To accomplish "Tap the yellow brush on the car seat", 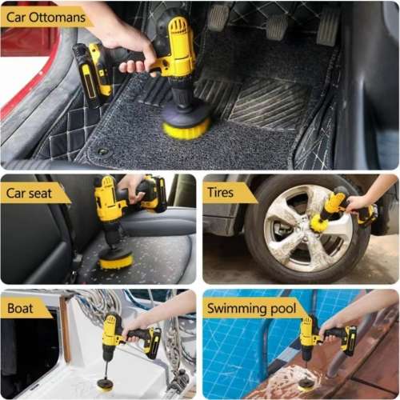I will click(x=116, y=258).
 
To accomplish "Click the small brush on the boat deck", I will click(x=105, y=383).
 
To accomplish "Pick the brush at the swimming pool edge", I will click(x=306, y=382).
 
